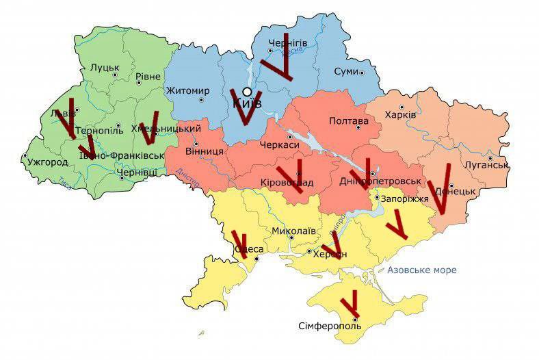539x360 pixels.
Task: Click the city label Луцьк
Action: [104, 68]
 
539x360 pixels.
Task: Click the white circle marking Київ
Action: [247, 92]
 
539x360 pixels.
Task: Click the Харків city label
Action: [400, 114]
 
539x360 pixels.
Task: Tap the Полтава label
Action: [349, 121]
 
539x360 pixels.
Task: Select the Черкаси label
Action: [280, 144]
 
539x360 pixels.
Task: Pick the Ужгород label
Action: [48, 163]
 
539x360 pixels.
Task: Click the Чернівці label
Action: [137, 173]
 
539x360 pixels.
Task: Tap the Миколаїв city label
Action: [294, 231]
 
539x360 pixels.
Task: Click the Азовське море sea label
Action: [421, 270]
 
